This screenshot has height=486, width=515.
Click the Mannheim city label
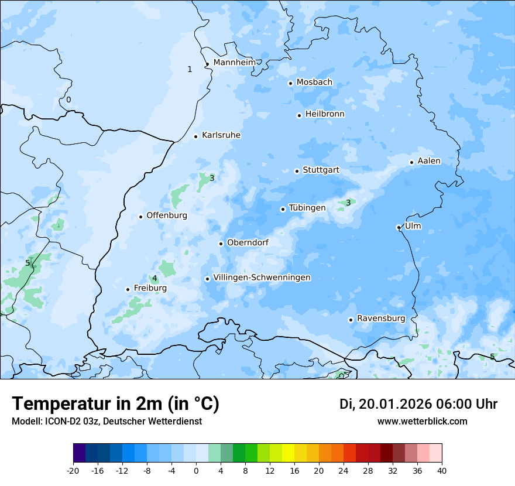pos(235,63)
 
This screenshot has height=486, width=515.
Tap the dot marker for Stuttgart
pos(297,171)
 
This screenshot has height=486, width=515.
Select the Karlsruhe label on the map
pos(221,135)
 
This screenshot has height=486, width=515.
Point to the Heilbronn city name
pos(325,114)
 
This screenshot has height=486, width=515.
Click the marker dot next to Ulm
pos(399,227)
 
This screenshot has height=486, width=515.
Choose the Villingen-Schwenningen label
pos(262,278)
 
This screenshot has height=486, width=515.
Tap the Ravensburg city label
pos(381,319)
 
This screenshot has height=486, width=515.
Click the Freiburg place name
pos(150,288)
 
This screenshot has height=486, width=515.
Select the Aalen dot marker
pos(411,162)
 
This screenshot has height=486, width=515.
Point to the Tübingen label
pos(307,208)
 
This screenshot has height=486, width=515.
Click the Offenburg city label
pos(167,215)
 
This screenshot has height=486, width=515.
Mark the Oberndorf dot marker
pos(221,244)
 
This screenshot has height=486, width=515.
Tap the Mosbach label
pos(314,83)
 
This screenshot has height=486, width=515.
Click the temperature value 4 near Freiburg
pos(154,278)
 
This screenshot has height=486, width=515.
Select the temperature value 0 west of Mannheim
pos(68,100)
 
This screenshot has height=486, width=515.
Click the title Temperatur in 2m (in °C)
pos(115,404)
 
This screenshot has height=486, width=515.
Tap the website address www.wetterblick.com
pos(422,421)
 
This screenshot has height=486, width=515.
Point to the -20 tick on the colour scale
pos(73,470)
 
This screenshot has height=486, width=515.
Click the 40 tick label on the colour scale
pos(442,470)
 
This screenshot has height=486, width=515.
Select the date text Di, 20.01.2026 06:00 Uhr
pos(418,404)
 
